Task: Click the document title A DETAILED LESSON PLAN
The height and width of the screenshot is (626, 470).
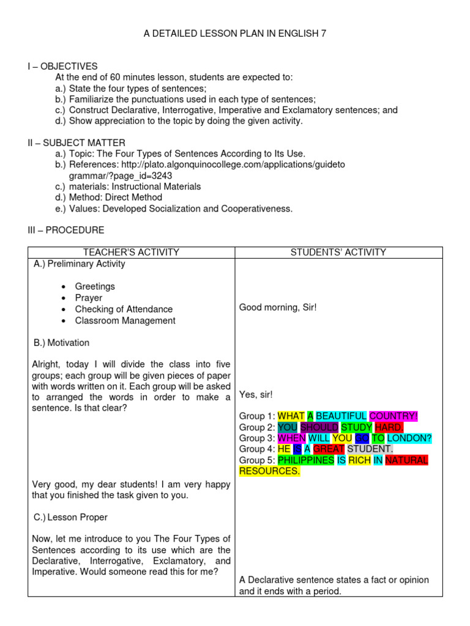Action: pyautogui.click(x=235, y=34)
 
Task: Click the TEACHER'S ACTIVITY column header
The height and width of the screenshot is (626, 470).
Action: pyautogui.click(x=131, y=252)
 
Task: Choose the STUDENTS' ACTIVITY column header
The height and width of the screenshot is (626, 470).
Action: pyautogui.click(x=338, y=252)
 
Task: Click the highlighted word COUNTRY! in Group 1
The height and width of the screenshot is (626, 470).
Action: pyautogui.click(x=394, y=416)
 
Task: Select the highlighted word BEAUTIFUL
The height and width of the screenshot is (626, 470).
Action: pyautogui.click(x=341, y=416)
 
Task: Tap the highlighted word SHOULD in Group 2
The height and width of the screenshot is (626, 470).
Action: pyautogui.click(x=319, y=427)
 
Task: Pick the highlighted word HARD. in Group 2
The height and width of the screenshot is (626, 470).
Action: pyautogui.click(x=389, y=427)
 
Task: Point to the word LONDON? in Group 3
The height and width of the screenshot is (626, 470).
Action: pyautogui.click(x=409, y=438)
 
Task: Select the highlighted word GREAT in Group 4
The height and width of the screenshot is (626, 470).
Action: pyautogui.click(x=329, y=449)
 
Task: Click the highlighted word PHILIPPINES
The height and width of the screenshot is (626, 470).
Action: pyautogui.click(x=306, y=460)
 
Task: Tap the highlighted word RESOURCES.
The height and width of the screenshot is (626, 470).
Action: pyautogui.click(x=269, y=471)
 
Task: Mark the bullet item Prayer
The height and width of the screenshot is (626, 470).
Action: pyautogui.click(x=89, y=298)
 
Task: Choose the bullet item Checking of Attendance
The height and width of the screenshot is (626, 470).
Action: pyautogui.click(x=124, y=309)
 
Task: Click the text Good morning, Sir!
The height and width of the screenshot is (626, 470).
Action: pyautogui.click(x=278, y=307)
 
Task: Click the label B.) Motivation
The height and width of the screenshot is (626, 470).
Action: pyautogui.click(x=61, y=342)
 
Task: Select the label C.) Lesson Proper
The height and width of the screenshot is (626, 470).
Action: pyautogui.click(x=70, y=517)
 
